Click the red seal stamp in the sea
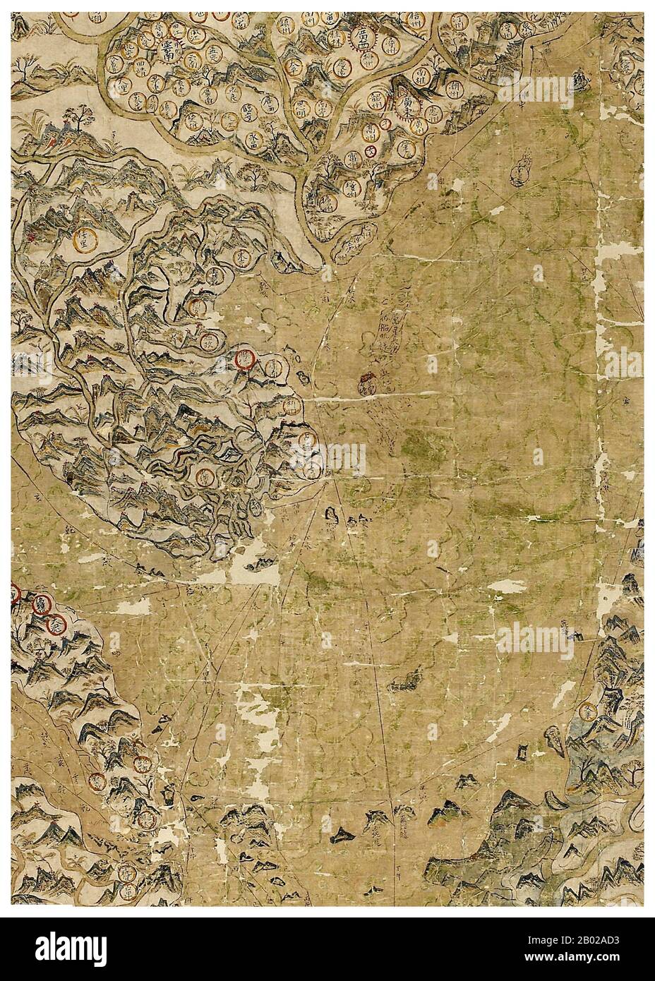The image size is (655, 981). click(368, 385)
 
